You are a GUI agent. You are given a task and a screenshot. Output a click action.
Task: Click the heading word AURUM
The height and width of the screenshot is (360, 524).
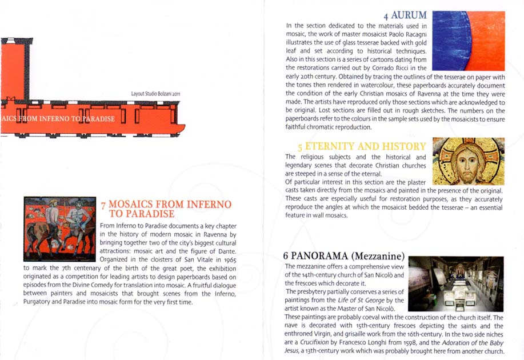coord(409,15)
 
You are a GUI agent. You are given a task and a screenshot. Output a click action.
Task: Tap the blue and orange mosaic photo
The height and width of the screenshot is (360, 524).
coord(469,41)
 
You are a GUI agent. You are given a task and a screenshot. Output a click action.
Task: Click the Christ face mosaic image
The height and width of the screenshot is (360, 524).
coord(468,161)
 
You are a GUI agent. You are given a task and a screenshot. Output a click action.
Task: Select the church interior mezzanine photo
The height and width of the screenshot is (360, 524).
coord(456,284)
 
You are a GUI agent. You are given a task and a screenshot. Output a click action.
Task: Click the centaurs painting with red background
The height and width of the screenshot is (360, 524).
coord(60,229)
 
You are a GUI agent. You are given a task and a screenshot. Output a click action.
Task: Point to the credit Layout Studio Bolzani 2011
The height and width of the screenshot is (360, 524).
coord(156,94)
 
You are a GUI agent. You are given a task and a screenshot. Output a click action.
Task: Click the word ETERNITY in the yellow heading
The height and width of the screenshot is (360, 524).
coord(330,146)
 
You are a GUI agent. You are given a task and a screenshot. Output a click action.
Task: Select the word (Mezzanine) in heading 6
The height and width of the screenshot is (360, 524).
coord(378,256)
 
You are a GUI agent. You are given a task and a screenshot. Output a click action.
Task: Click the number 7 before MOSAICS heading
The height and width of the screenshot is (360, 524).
coord(103,206)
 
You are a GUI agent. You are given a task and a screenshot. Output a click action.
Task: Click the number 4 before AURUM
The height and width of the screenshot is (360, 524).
coord(386,16)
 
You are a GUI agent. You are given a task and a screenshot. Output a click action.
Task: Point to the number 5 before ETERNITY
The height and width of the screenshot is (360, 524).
coord(300,147)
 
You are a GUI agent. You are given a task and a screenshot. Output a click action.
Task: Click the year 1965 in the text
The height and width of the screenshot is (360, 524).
coord(230,260)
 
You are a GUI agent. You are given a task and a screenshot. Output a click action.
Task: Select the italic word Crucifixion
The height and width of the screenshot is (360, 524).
coord(314,342)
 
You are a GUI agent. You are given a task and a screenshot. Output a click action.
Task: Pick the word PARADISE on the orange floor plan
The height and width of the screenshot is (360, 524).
coord(99,119)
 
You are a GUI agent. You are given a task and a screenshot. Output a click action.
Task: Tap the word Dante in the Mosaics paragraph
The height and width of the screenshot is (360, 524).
coord(227,251)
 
